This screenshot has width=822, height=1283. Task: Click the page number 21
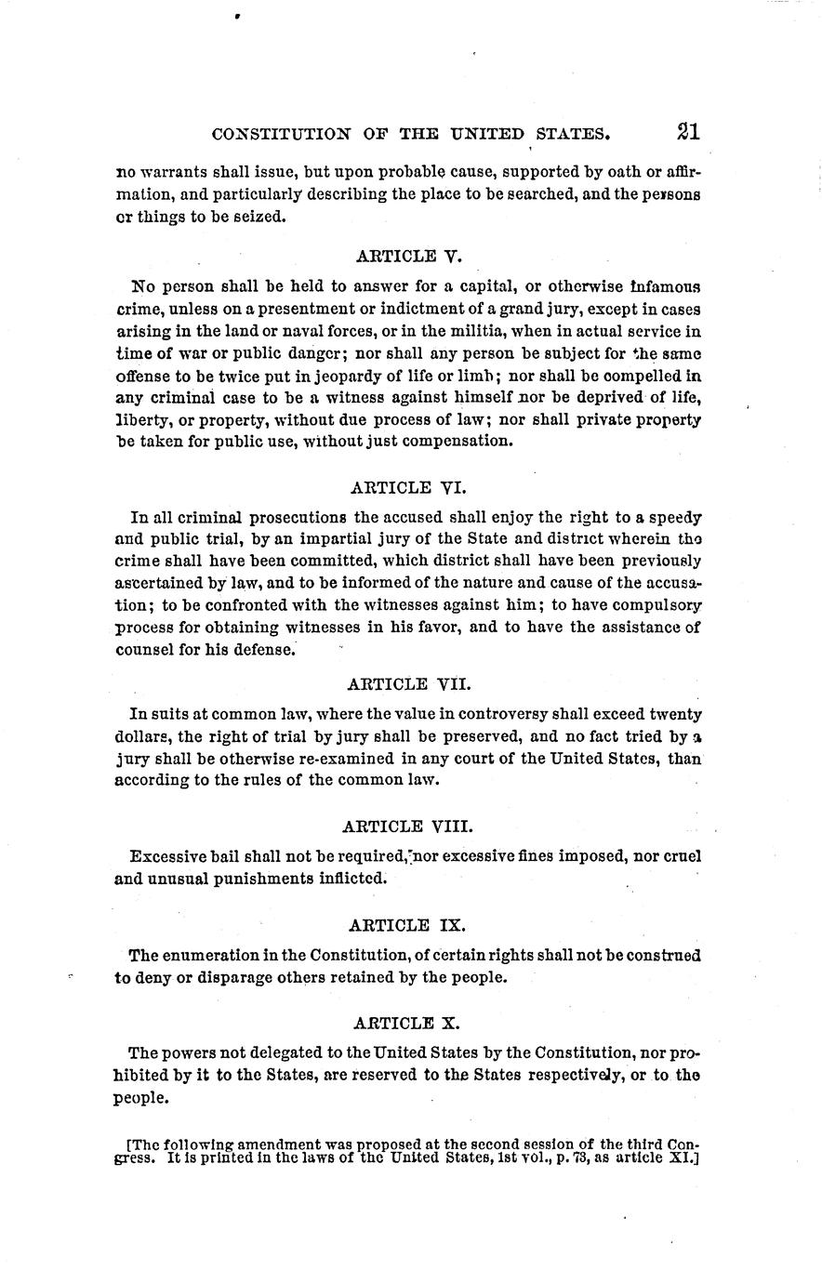coord(688,132)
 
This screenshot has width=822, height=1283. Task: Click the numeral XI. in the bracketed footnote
coord(683,1158)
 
